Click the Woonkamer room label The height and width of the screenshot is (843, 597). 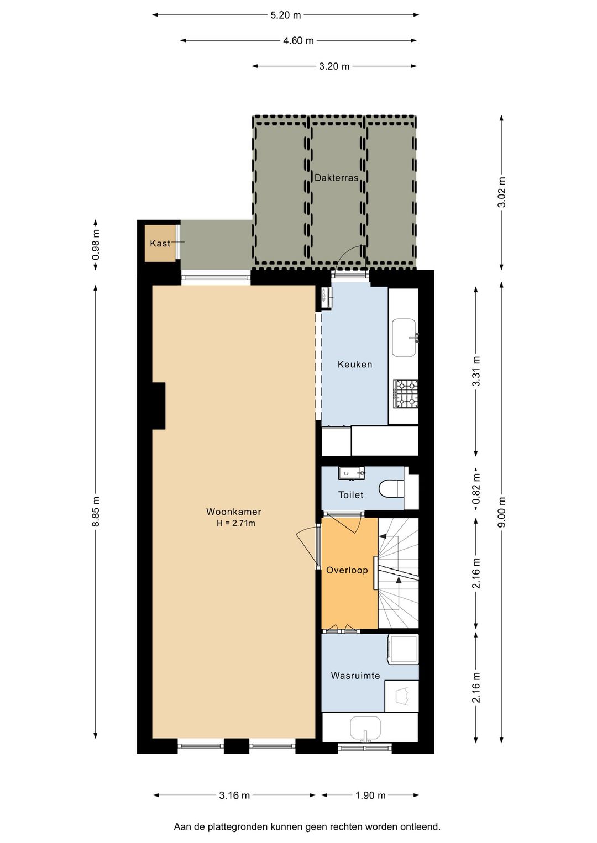click(233, 512)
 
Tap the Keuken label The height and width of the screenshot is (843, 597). click(355, 364)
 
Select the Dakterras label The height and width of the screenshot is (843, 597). click(336, 178)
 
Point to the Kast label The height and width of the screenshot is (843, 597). click(160, 243)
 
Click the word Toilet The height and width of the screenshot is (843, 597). click(350, 495)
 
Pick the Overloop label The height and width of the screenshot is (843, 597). click(347, 570)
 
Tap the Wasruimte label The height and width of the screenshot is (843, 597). click(355, 676)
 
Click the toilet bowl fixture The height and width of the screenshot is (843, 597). click(391, 489)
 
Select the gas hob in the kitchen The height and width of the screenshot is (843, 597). click(406, 393)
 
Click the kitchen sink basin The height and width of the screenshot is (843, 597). click(404, 338)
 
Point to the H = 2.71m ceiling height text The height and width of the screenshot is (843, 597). click(236, 523)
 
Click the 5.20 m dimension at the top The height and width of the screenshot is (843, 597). click(285, 15)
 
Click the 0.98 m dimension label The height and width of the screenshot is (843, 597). click(96, 245)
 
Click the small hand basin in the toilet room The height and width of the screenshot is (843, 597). click(352, 473)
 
